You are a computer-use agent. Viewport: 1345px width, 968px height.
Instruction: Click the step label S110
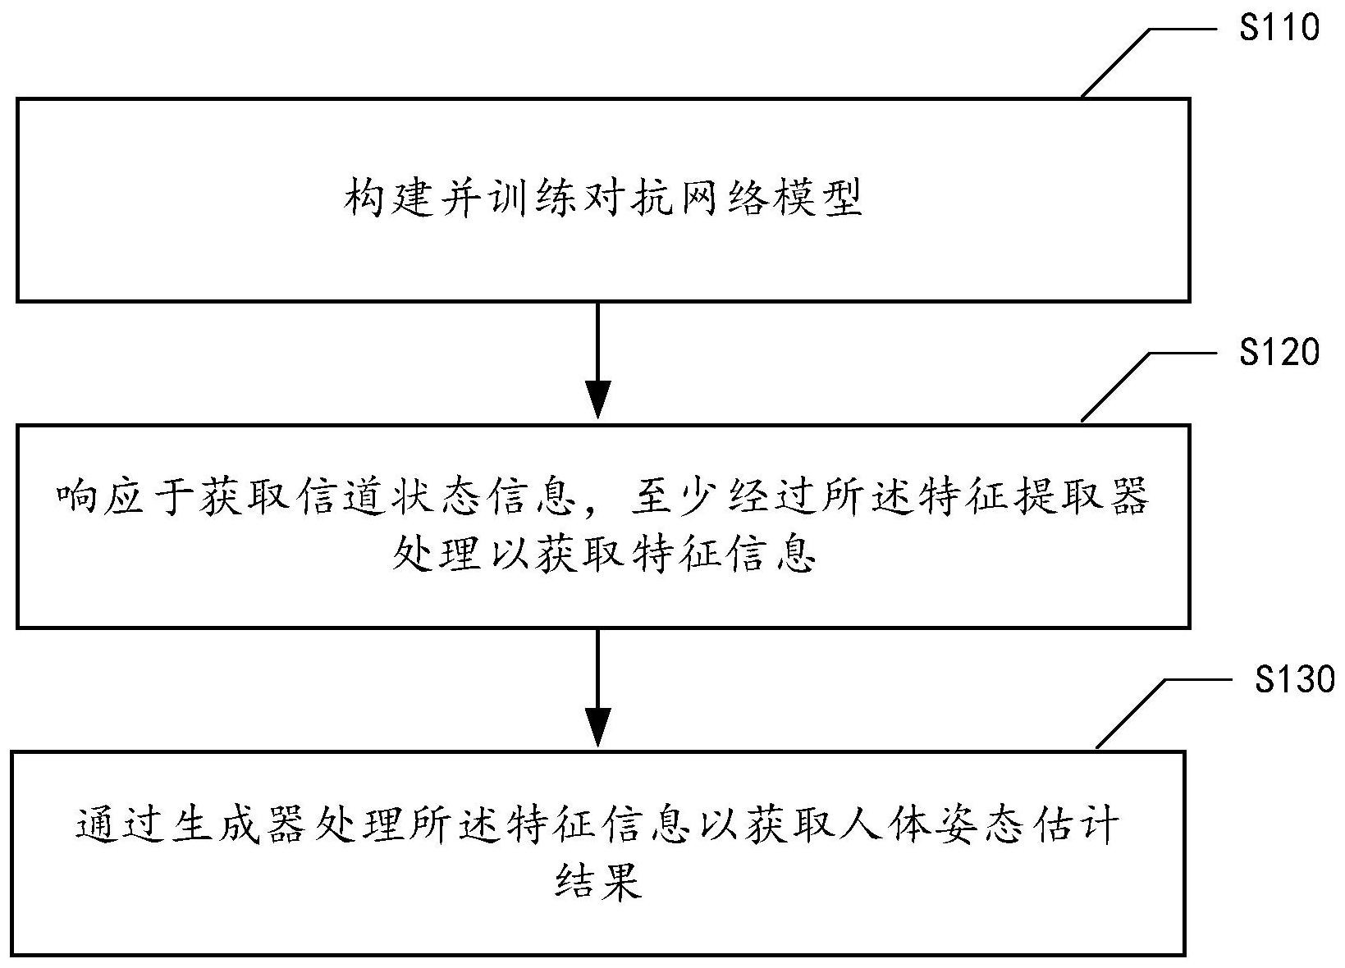pos(1279,28)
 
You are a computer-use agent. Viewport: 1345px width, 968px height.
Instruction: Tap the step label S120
pos(1279,352)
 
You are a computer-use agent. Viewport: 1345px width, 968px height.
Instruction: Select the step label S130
pos(1295,679)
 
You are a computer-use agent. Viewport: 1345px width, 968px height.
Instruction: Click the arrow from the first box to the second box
pos(597,361)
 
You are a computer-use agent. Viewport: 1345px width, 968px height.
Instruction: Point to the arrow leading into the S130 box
pos(597,687)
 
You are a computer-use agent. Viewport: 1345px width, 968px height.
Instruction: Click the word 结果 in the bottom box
pos(598,880)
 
